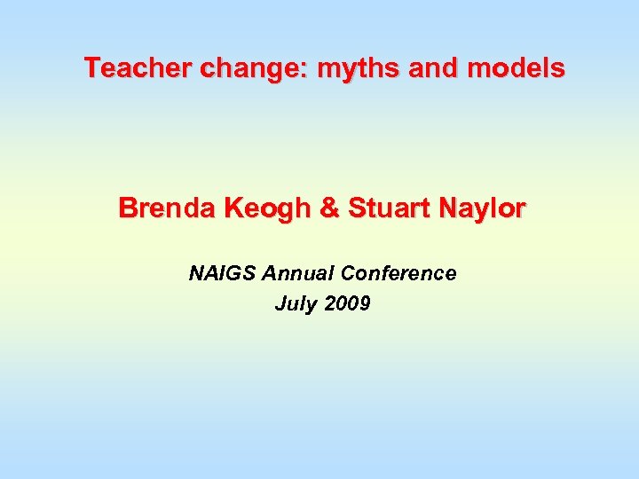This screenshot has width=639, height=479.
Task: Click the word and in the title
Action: [x=434, y=67]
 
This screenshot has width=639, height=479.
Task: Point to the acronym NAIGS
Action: [x=222, y=273]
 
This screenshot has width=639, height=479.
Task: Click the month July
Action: [x=295, y=304]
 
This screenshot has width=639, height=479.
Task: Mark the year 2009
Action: [x=347, y=304]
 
